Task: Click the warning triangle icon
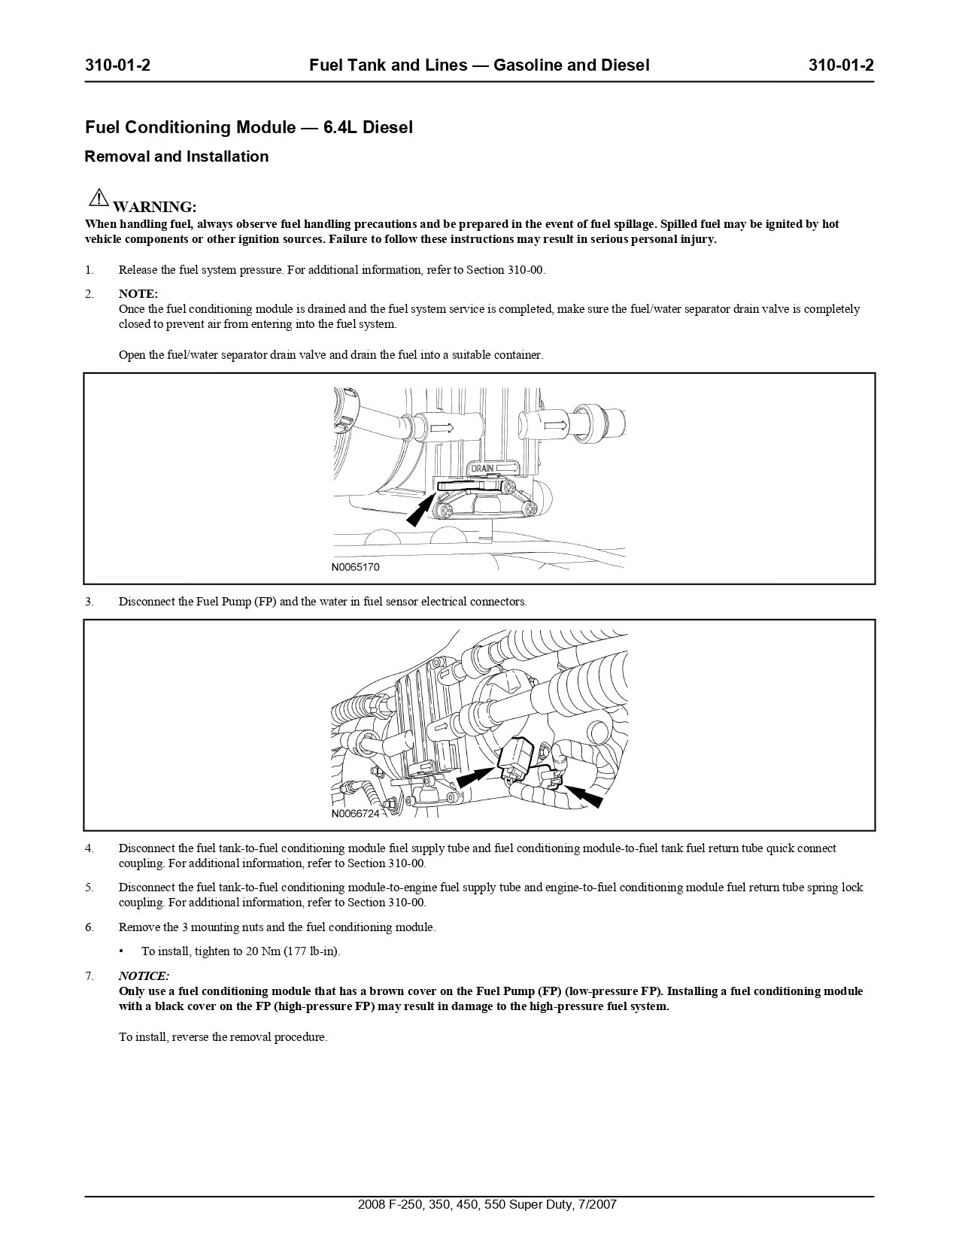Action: (99, 199)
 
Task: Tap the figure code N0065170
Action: (356, 567)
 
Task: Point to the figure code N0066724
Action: (356, 814)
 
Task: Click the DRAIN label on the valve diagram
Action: (482, 469)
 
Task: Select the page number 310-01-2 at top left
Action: (118, 65)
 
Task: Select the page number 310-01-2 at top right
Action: (841, 65)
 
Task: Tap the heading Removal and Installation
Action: (177, 156)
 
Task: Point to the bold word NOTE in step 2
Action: (138, 293)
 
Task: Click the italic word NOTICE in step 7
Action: (144, 976)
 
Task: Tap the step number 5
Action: (90, 888)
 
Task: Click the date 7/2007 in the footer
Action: (595, 1204)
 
